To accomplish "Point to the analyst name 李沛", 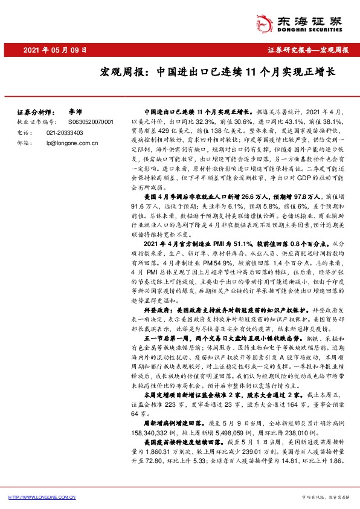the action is pyautogui.click(x=76, y=112).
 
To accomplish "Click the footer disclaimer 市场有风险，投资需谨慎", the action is pyautogui.click(x=325, y=497).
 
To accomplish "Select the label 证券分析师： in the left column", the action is pyautogui.click(x=33, y=112).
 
